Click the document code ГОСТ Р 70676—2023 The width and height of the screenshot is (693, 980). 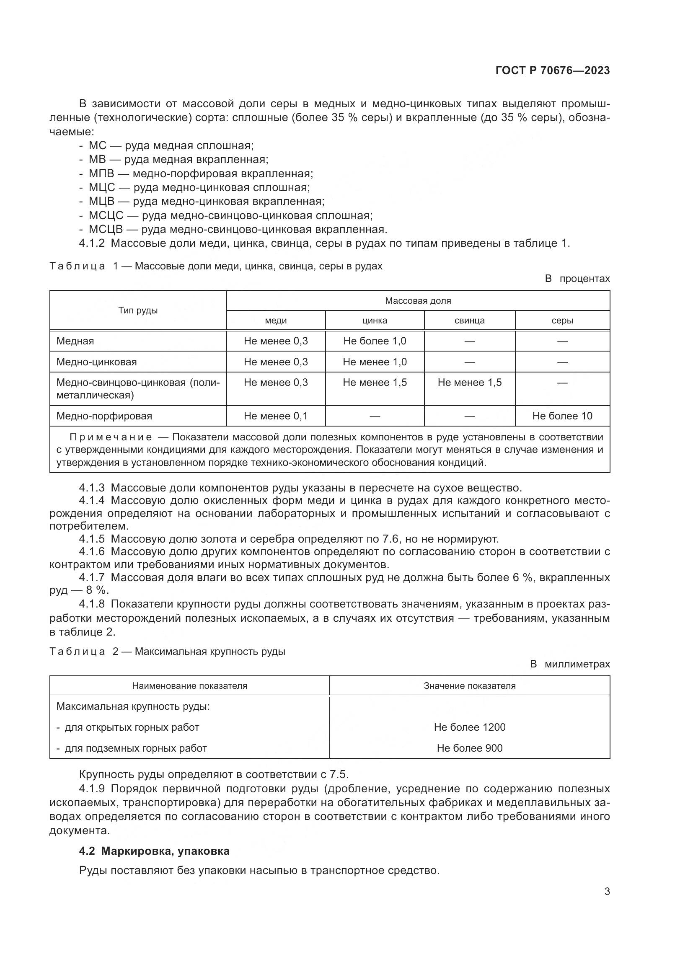pos(552,70)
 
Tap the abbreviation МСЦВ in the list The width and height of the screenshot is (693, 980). pos(106,229)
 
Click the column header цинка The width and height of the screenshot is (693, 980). pos(374,321)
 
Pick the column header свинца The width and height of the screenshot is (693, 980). pos(469,321)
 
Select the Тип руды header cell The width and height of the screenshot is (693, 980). pos(138,310)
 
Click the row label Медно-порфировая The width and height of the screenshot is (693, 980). pos(104,416)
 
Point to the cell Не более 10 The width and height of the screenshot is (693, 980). pos(562,416)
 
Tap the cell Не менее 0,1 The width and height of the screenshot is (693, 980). pos(276,416)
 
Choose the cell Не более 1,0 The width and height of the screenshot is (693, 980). pos(374,341)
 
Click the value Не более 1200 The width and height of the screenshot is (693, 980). pos(469,727)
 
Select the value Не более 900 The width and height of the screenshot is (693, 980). pos(469,748)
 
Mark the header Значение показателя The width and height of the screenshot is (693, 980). pos(469,685)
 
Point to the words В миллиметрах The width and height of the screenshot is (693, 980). pos(570,664)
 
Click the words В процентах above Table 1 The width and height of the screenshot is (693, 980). pos(577,279)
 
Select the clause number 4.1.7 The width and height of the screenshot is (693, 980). pos(92,577)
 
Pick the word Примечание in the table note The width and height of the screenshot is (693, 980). pos(111,437)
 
